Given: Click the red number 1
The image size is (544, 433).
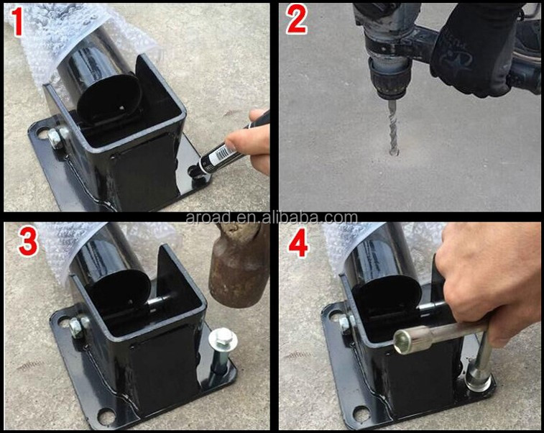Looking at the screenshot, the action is click(x=17, y=22).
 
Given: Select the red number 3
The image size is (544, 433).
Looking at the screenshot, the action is click(x=28, y=242).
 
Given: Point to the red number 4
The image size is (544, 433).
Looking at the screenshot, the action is click(x=298, y=242).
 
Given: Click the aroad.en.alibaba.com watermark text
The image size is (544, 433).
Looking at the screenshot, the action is click(x=272, y=218).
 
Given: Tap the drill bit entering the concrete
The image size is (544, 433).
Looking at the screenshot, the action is click(x=392, y=127).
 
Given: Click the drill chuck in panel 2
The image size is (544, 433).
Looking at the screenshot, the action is click(x=389, y=78).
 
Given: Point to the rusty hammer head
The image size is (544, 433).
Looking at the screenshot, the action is click(x=239, y=264).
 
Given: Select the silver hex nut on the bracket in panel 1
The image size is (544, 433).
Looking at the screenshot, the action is click(x=55, y=137).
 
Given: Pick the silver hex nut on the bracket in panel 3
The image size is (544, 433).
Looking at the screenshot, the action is click(x=76, y=327).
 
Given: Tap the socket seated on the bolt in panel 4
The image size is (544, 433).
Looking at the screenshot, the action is click(x=478, y=380).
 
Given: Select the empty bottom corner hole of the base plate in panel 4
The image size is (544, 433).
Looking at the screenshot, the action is click(x=361, y=412).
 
